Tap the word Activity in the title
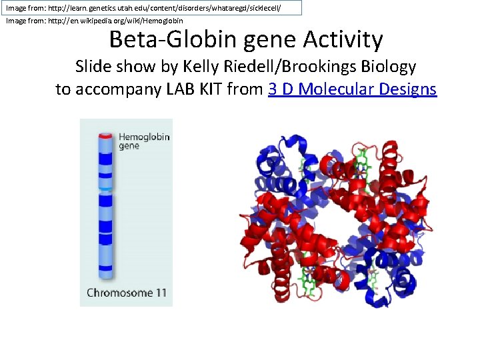click(x=343, y=40)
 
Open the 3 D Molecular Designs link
click(x=352, y=89)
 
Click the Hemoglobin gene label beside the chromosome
click(x=144, y=141)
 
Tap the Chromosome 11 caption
click(x=127, y=292)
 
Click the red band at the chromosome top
click(x=105, y=136)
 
